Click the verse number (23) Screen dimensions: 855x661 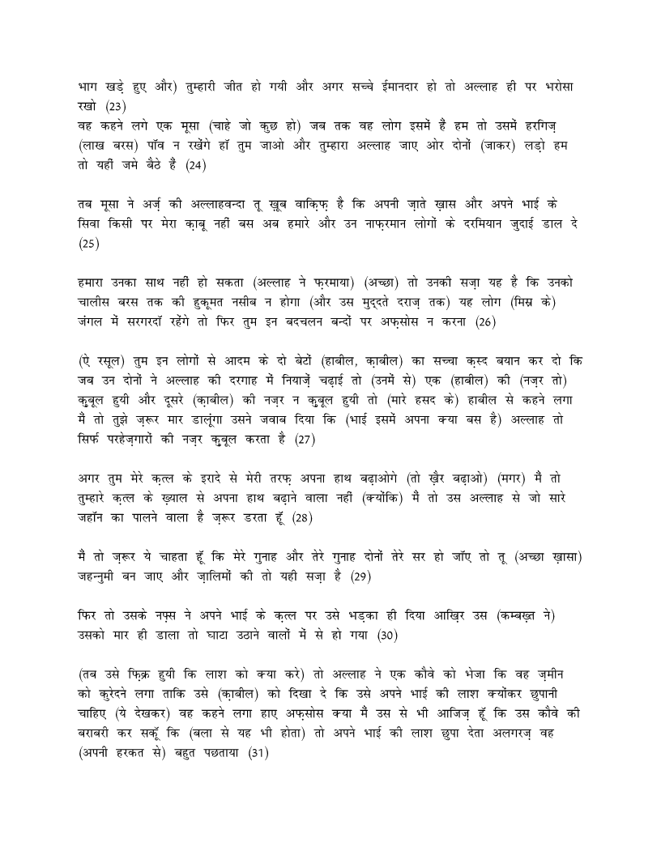116,105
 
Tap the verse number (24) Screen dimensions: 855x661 196,166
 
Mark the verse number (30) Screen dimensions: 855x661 384,636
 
